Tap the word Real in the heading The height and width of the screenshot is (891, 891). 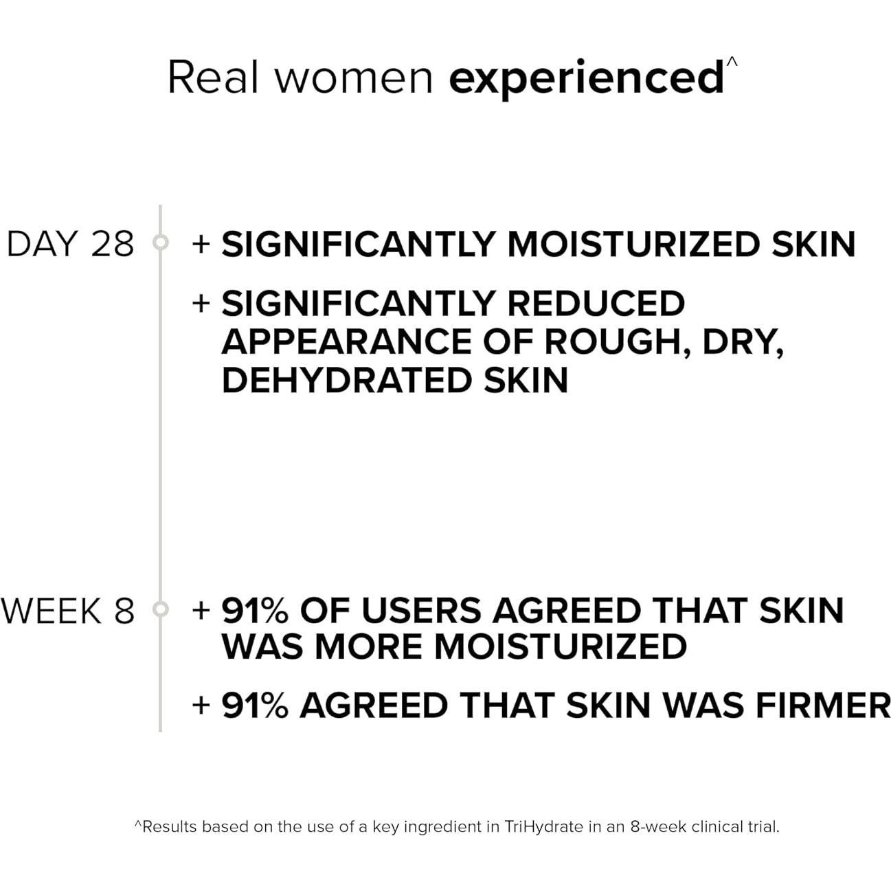tap(213, 77)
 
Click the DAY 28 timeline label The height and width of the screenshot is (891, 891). tap(71, 244)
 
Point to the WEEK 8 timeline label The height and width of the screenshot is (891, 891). tap(67, 611)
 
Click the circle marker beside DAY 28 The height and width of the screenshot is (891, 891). tap(161, 242)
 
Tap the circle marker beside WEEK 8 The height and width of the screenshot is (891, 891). tap(161, 609)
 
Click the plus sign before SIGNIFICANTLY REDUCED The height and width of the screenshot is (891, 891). tap(201, 304)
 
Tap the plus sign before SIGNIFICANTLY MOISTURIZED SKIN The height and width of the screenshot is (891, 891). tap(201, 245)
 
